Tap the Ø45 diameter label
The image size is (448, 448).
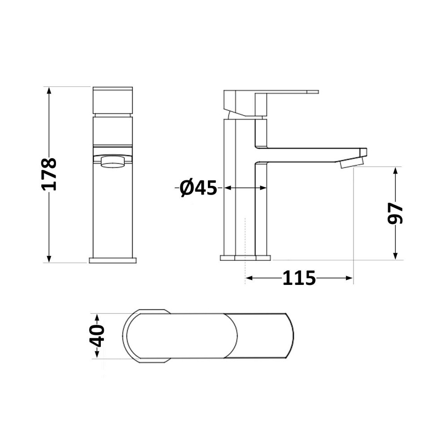(x=198, y=188)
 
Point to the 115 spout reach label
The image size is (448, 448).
(x=299, y=278)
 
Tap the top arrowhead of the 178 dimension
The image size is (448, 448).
(x=49, y=91)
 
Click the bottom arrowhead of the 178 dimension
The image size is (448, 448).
(x=49, y=258)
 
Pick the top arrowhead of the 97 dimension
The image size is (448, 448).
(x=396, y=172)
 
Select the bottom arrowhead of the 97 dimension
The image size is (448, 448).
(x=396, y=255)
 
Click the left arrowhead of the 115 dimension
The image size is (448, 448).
(x=250, y=278)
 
